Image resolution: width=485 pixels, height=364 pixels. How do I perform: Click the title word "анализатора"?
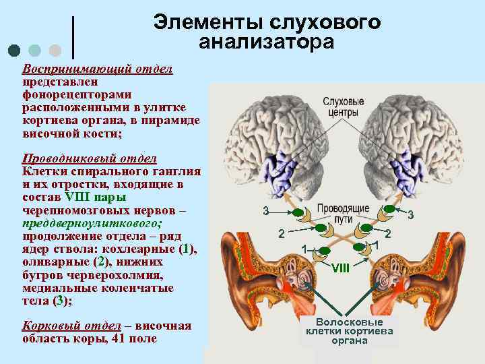pos(266,42)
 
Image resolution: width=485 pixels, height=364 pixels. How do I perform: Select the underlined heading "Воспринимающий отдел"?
pos(97,69)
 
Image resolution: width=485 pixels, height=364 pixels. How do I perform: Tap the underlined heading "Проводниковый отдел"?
pos(90,158)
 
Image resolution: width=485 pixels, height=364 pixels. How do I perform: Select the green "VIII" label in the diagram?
pos(341,267)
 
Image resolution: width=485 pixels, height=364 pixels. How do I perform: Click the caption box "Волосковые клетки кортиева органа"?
pos(350,331)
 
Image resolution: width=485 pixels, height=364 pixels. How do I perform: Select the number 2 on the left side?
pos(282,234)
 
